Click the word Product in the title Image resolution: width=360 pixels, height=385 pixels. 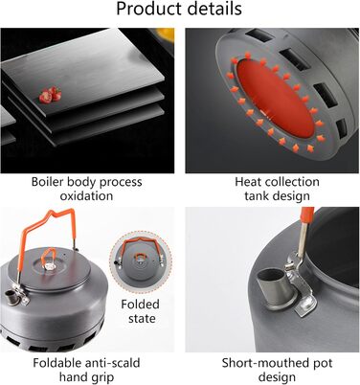[x=148, y=9]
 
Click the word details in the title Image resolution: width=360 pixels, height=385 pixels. [x=214, y=9]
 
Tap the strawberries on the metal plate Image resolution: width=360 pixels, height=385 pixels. [x=51, y=95]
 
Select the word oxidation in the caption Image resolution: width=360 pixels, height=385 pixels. [x=86, y=195]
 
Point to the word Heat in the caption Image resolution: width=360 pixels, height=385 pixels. [x=248, y=182]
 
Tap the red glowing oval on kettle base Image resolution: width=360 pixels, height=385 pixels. [x=276, y=99]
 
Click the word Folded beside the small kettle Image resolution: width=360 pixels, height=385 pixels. [x=140, y=304]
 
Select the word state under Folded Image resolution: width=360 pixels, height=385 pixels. [x=142, y=318]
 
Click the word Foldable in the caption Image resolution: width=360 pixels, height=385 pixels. [x=56, y=363]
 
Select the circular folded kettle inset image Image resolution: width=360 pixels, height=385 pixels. [x=141, y=262]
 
